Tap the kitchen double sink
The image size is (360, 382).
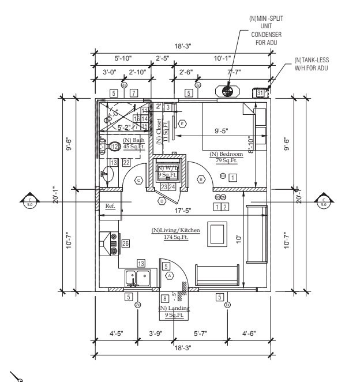click(138, 278)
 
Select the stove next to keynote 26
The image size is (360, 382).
click(109, 244)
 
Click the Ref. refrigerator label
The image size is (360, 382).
click(110, 206)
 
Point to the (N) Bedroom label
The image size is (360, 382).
click(224, 154)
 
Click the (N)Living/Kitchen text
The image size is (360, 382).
click(176, 230)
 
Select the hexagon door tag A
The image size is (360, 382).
click(169, 276)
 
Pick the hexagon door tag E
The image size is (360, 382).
click(183, 123)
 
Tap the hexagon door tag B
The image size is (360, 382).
click(201, 179)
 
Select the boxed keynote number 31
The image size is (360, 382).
click(260, 92)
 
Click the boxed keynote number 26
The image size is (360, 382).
click(126, 244)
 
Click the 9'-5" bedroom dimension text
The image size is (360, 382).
click(222, 130)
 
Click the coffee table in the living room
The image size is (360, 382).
click(217, 236)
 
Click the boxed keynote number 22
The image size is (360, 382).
click(126, 163)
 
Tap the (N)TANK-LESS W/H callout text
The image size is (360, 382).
click(312, 63)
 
